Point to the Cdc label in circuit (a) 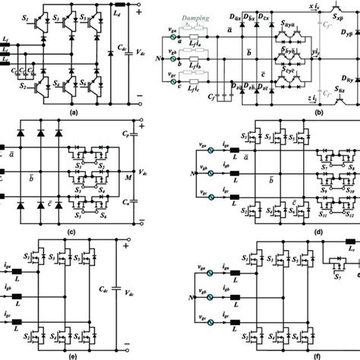pyautogui.click(x=122, y=50)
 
